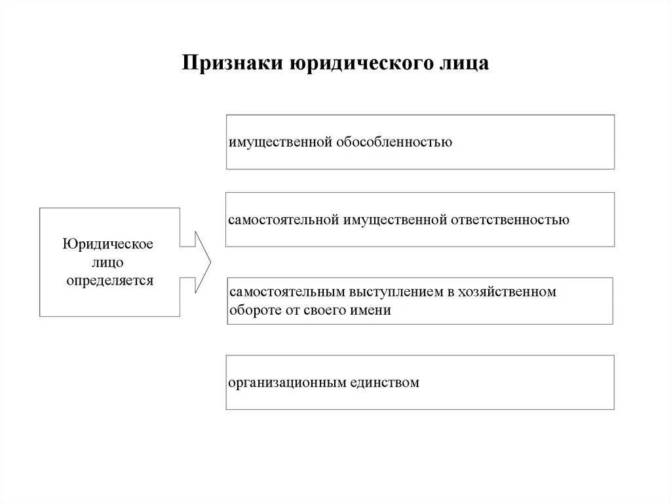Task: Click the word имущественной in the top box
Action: coord(280,142)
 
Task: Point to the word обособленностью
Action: coord(394,142)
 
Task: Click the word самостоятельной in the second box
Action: coord(283,220)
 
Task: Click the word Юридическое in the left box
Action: coord(108,245)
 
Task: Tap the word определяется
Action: coord(109,281)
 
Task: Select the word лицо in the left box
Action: coord(108,263)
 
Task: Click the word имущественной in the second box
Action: coord(394,220)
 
